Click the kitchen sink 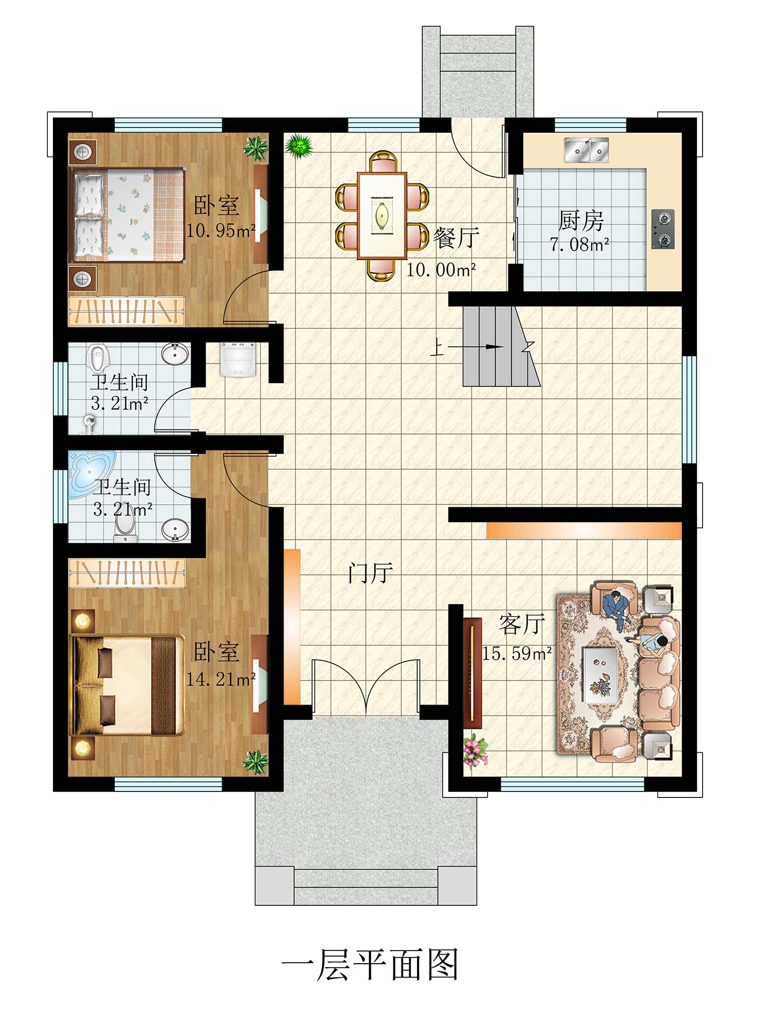pos(586,149)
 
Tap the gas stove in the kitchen pos(663,229)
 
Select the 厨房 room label pos(581,221)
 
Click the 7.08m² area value pos(580,245)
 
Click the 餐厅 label pos(456,237)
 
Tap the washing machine pos(238,359)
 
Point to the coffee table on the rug pos(600,675)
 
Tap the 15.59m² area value pos(517,654)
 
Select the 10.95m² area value pos(220,231)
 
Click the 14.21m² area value pos(221,679)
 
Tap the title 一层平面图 pos(370,965)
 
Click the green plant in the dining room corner pos(299,146)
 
